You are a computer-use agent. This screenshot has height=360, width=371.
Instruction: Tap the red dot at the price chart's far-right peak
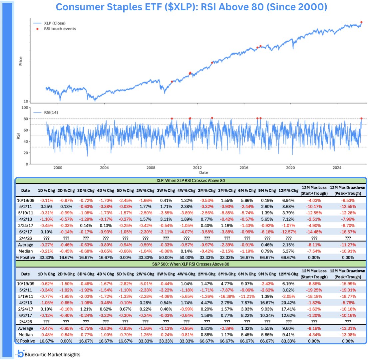point(362,22)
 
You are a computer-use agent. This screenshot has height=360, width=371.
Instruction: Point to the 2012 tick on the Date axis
point(197,168)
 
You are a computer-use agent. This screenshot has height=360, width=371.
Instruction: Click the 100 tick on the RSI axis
point(24,107)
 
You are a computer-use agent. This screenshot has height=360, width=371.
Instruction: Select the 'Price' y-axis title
point(21,61)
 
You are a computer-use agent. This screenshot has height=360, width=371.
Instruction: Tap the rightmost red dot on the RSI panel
point(362,118)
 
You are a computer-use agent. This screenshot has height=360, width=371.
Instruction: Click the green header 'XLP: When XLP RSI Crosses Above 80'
point(191,180)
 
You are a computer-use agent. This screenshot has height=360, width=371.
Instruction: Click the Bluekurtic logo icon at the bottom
point(21,354)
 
